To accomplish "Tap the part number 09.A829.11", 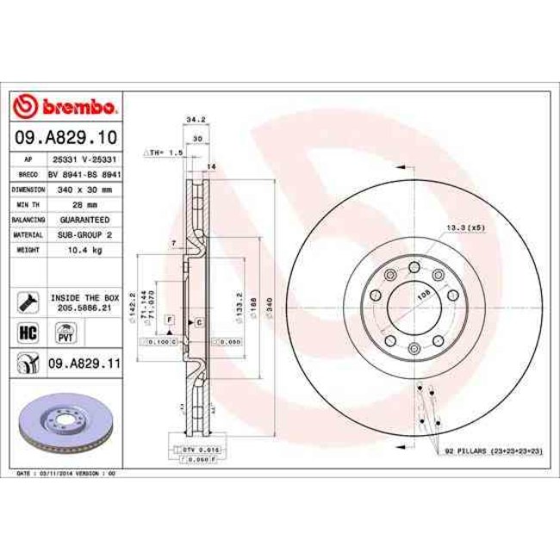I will click(x=83, y=365).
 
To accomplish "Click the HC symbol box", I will click(x=28, y=330).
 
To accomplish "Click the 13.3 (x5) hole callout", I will click(x=464, y=228).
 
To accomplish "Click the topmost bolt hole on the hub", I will click(x=414, y=266).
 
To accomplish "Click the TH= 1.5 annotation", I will click(x=164, y=152).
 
